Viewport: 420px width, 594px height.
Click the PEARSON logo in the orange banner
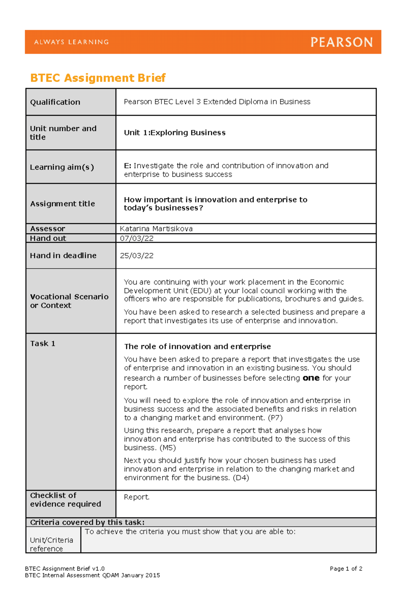341,42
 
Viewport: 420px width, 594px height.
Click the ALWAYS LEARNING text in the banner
71,42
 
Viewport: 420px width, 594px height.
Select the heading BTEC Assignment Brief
98,78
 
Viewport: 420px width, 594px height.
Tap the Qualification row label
55,102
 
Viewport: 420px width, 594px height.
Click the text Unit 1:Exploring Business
175,133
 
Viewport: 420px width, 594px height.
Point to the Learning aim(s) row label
62,167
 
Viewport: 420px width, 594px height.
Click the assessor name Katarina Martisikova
156,229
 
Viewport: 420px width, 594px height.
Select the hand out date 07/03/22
136,238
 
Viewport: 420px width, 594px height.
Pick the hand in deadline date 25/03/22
136,256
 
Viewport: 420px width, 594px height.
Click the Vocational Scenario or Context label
69,301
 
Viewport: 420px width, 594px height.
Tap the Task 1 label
43,344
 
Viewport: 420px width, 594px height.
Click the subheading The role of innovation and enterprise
197,346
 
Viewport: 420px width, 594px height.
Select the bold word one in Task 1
311,378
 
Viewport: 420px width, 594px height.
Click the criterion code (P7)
275,418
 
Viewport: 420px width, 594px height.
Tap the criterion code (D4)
241,478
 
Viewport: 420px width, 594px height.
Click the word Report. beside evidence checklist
136,497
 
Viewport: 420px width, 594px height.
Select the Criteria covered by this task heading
87,522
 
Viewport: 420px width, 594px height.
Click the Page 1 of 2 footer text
346,569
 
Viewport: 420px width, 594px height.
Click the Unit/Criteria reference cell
51,544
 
